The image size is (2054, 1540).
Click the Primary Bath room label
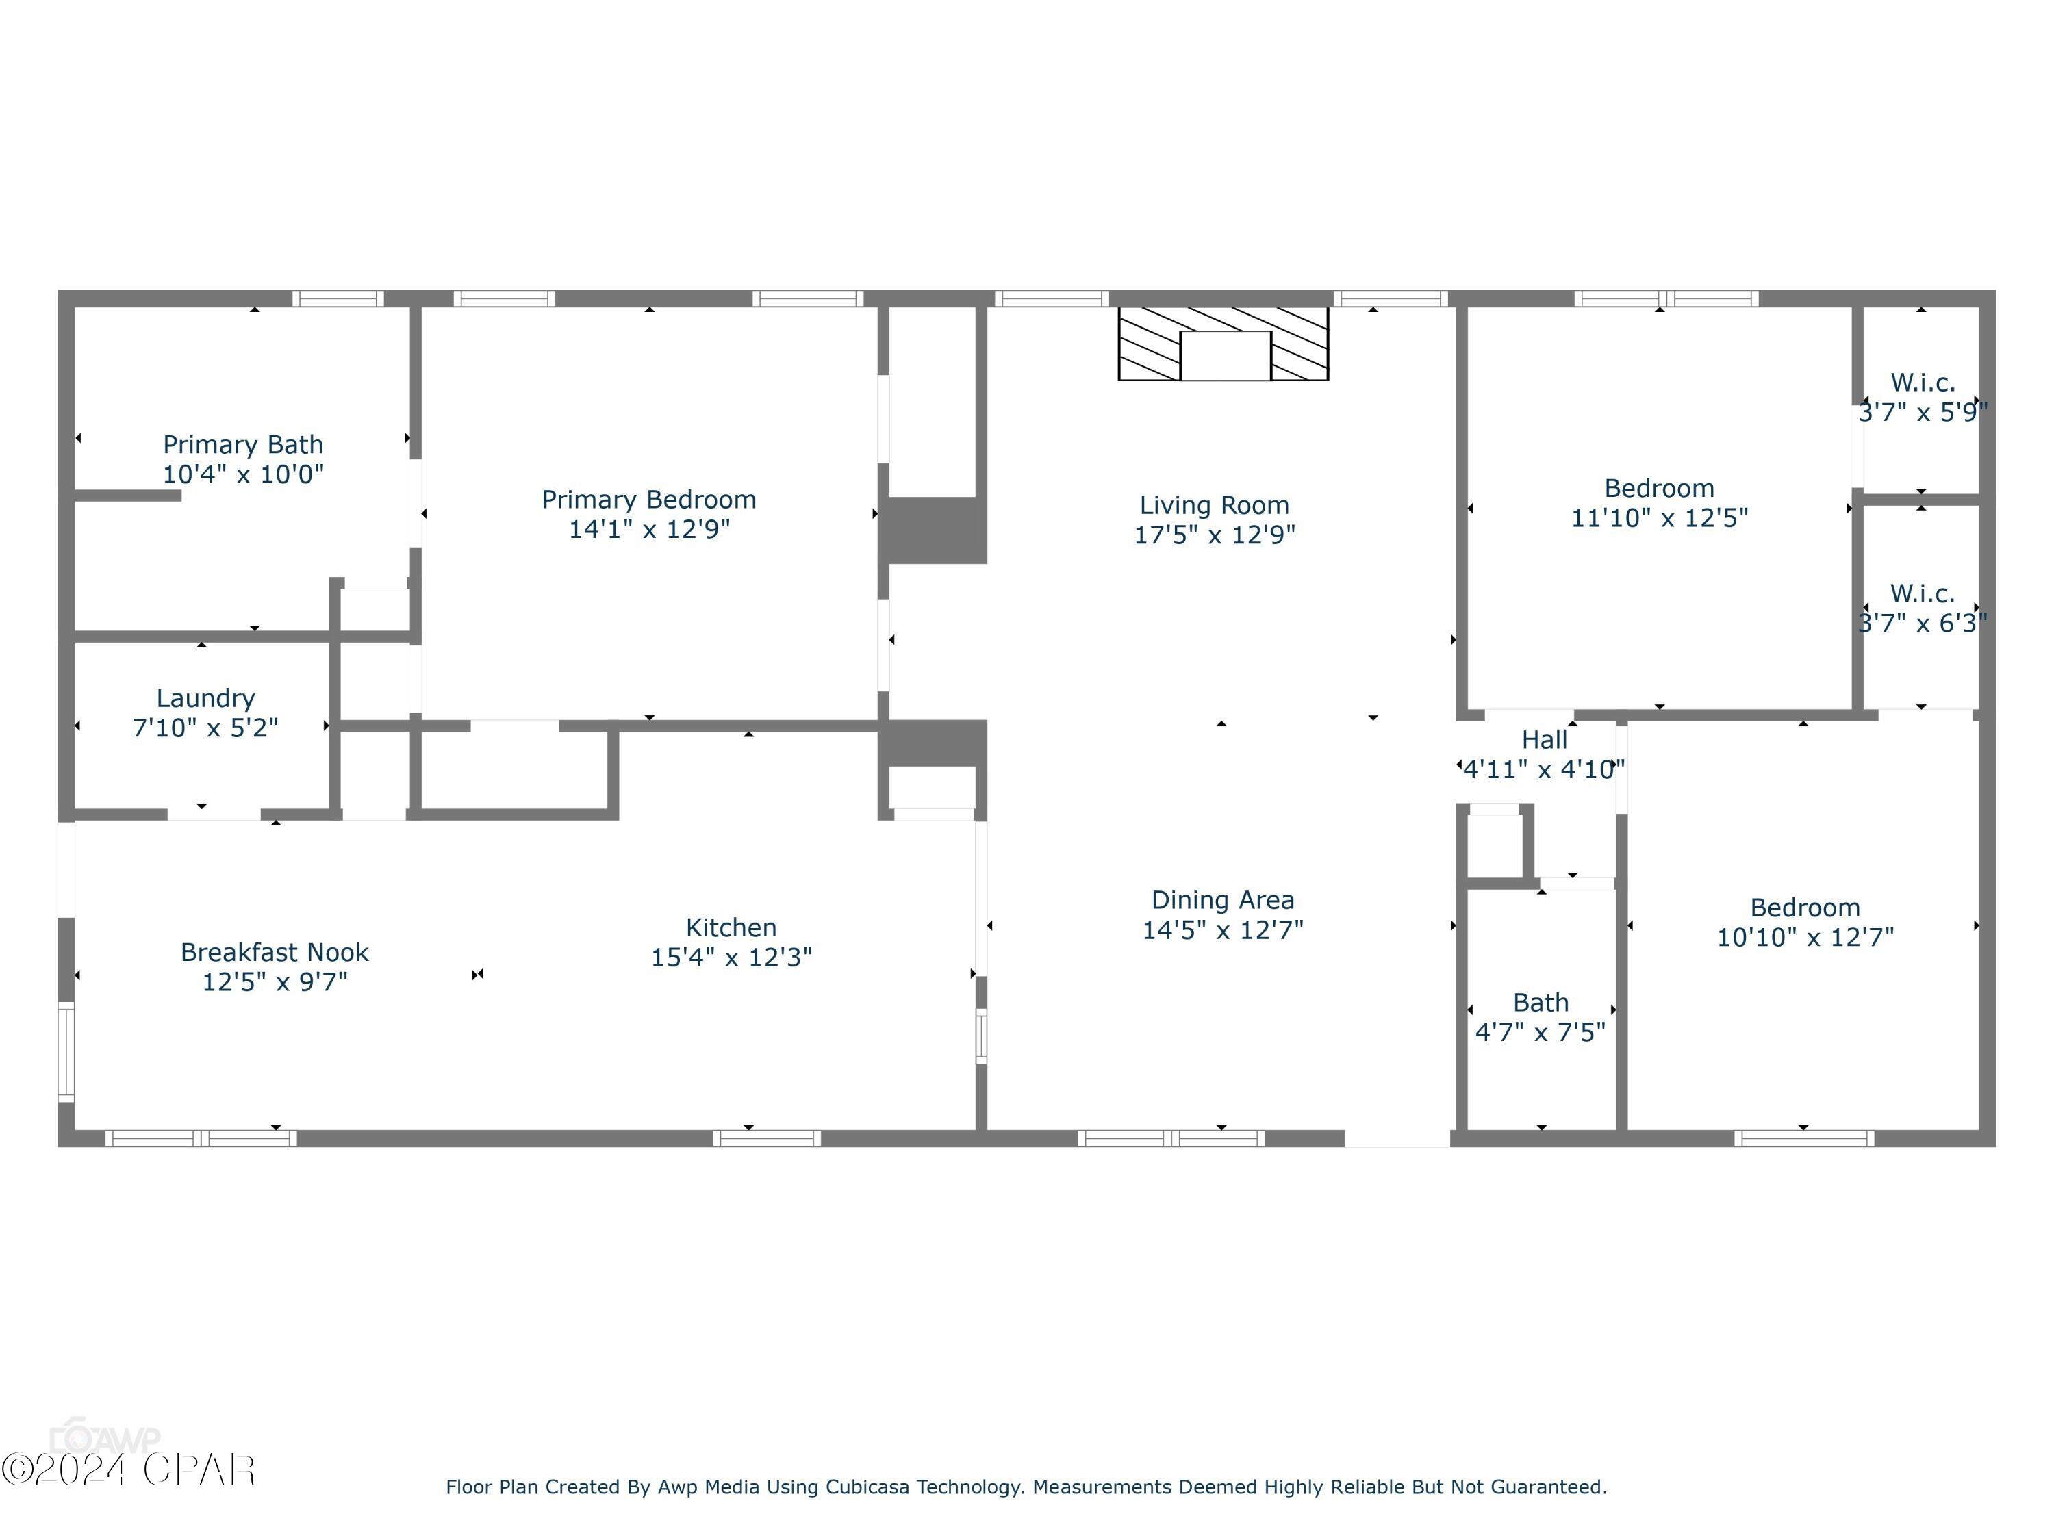tap(242, 445)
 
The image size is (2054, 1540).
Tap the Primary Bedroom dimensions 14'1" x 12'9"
tap(649, 529)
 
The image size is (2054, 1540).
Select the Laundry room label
tap(205, 698)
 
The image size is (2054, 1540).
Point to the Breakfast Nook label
tap(274, 953)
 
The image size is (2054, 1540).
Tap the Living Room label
tap(1214, 506)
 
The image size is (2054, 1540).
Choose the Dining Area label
tap(1222, 901)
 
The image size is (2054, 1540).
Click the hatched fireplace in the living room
tap(1223, 344)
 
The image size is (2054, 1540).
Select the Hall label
tap(1543, 740)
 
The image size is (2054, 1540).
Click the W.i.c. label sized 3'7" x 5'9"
tap(1922, 383)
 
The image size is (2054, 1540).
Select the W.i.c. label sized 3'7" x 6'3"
tap(1922, 594)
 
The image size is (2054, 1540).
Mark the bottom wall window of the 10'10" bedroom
tap(1803, 1139)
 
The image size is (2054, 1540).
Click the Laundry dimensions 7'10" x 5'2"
tap(205, 728)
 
